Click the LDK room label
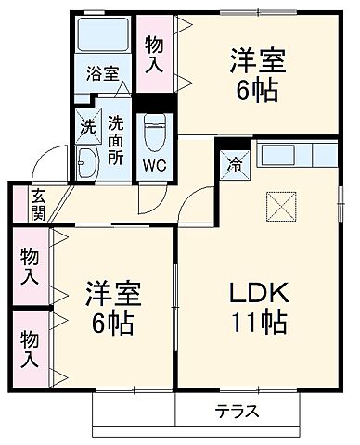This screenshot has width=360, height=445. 260,295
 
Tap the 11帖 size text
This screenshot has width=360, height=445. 260,324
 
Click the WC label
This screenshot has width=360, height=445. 153,168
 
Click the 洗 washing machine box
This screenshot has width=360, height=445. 85,123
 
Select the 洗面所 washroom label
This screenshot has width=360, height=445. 115,139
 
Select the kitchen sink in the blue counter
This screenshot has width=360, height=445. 274,155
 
